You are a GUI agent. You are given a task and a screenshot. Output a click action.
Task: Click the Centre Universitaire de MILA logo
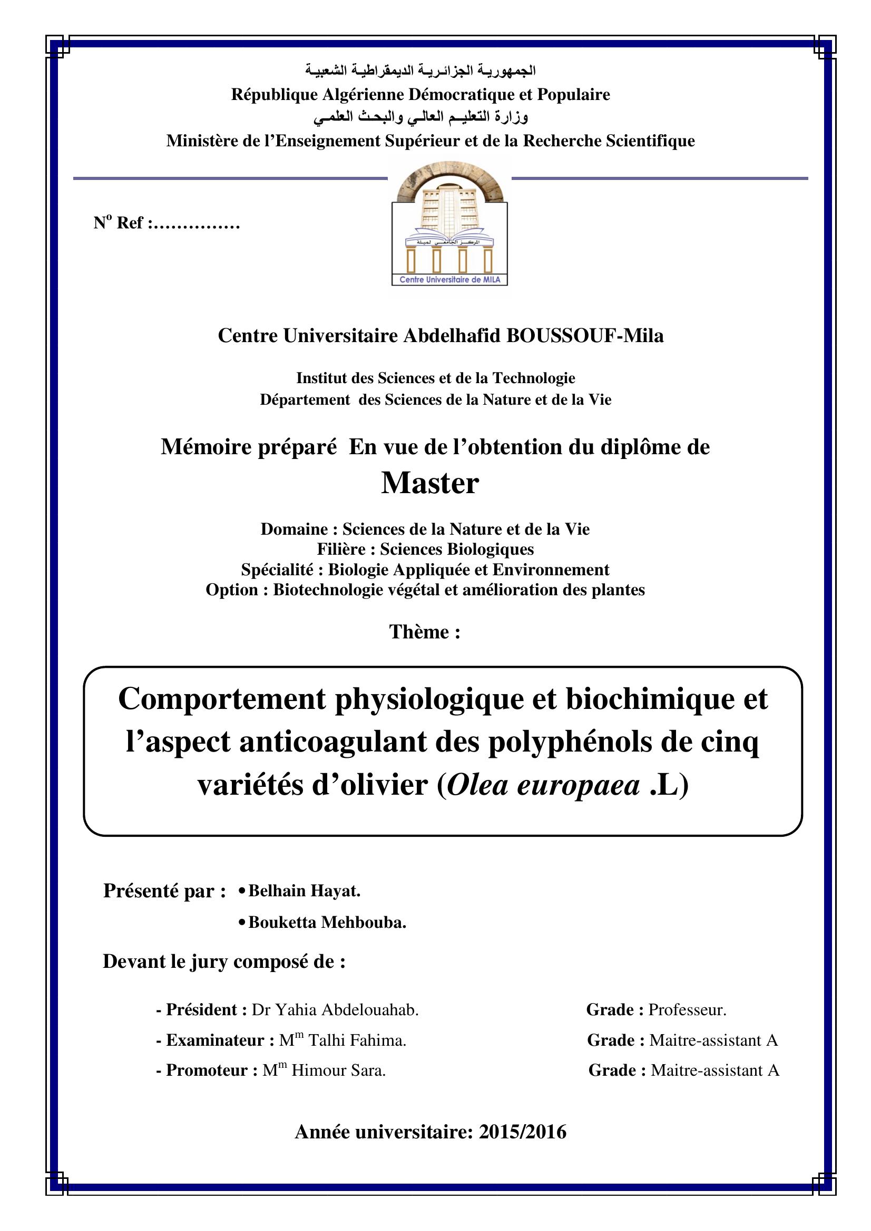[449, 225]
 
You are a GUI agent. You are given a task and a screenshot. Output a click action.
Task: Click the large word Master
[430, 483]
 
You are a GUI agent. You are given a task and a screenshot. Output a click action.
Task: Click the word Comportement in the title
[222, 699]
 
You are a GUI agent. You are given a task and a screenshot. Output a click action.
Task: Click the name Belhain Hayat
[304, 891]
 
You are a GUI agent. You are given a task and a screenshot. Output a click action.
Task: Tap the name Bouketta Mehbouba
[327, 923]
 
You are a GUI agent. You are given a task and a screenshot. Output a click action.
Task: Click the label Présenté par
[164, 891]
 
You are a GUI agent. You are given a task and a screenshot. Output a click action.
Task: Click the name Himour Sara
[339, 1070]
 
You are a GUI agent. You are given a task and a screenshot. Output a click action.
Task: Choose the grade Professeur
[687, 1010]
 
